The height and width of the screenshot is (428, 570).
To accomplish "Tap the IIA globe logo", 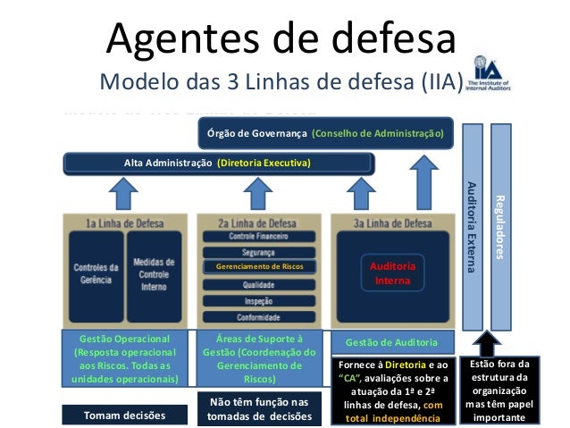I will point(485,80).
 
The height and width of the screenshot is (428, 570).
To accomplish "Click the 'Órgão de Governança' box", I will point(325,133).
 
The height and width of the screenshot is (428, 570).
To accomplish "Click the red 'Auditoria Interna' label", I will point(392,273).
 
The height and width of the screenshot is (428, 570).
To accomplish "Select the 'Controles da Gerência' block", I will point(95,273).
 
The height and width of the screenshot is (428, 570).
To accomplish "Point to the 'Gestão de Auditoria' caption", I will point(392,342).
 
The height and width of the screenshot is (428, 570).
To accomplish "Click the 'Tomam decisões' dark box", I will point(123,415).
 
